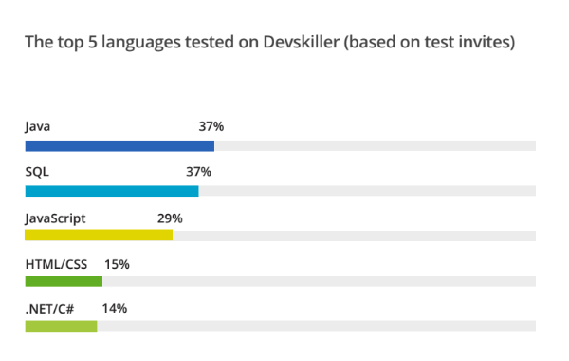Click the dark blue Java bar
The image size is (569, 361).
pos(119,145)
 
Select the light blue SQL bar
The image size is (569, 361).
pos(112,191)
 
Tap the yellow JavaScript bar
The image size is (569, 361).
pos(99,236)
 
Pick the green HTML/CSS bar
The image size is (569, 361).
pos(64,281)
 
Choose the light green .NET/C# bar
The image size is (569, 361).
pos(61,326)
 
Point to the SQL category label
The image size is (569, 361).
pos(37,172)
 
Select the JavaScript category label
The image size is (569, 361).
pos(55,218)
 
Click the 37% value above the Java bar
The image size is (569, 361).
pos(211,126)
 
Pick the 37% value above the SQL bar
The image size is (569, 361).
pos(198,172)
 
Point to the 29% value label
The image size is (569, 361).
pos(170,218)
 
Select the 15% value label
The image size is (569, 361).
pos(117,263)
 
